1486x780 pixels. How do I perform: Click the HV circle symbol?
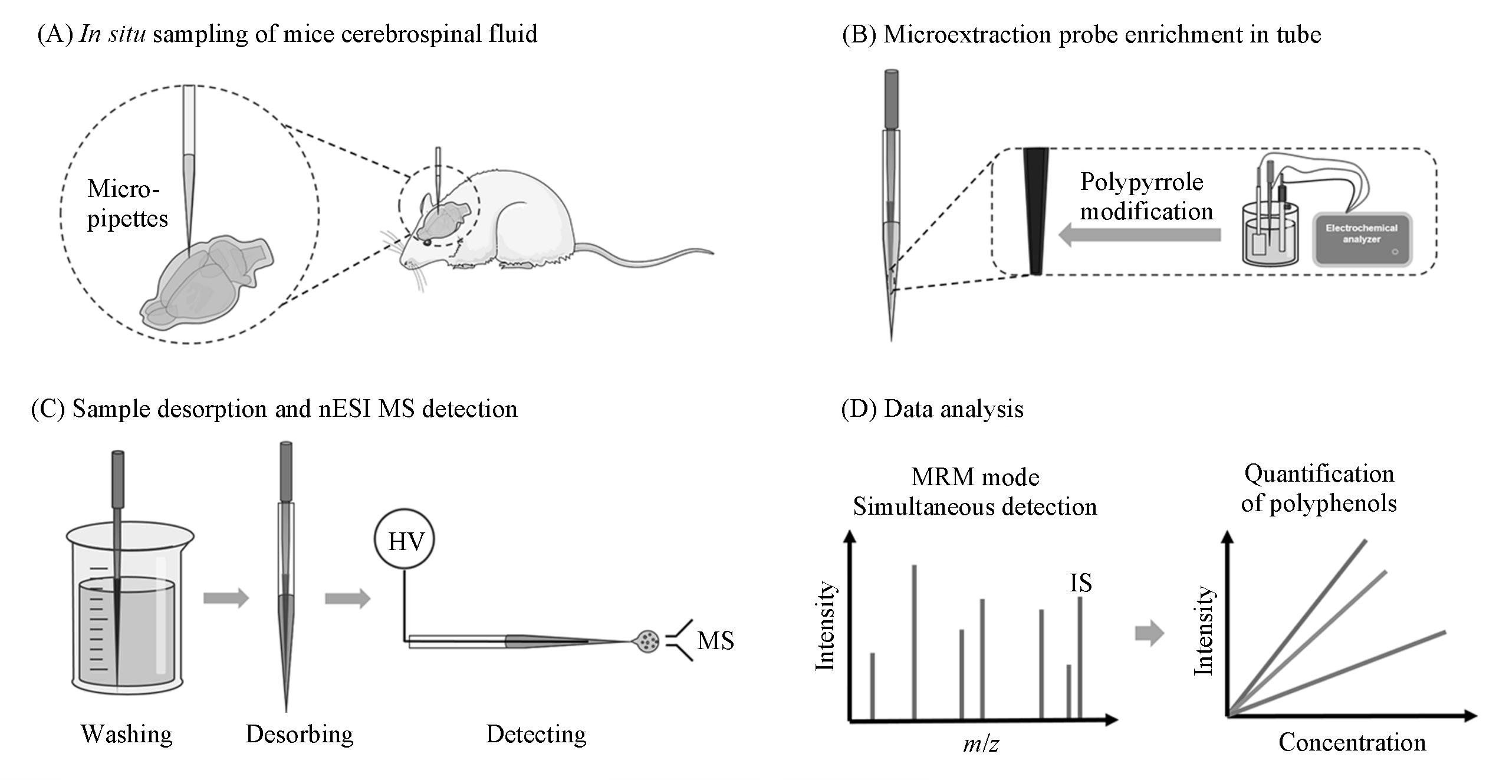[405, 539]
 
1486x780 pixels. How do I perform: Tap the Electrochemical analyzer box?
[1362, 239]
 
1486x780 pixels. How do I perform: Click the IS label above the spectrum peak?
[1080, 582]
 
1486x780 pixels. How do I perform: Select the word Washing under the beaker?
[127, 734]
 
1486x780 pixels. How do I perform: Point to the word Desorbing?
[300, 734]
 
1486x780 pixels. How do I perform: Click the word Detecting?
[536, 734]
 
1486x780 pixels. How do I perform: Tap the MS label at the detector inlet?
[715, 640]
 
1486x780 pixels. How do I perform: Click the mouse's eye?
[426, 241]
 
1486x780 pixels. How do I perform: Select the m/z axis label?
[981, 744]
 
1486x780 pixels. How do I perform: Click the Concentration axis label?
[1352, 742]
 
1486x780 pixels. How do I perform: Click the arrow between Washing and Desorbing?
[226, 598]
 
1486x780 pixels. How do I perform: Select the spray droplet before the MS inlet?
[647, 641]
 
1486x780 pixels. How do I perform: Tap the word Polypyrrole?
[1142, 182]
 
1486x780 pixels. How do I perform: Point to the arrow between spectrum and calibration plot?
[1149, 634]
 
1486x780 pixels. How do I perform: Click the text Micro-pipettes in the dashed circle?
[127, 203]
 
